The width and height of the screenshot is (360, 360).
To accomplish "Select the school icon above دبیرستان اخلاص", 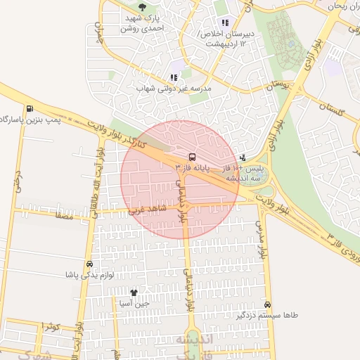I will [225, 22].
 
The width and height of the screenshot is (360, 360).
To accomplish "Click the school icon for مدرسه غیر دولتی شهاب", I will [174, 77].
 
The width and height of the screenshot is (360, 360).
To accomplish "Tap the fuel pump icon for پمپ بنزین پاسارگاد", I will [30, 109].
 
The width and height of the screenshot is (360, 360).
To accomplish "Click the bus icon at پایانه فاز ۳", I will [192, 157].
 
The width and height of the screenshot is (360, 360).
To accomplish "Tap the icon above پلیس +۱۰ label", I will [243, 158].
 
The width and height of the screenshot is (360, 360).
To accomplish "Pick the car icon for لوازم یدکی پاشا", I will [89, 264].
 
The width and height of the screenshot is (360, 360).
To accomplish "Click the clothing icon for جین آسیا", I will [134, 292].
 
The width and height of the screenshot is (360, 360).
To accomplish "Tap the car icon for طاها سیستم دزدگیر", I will [268, 304].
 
